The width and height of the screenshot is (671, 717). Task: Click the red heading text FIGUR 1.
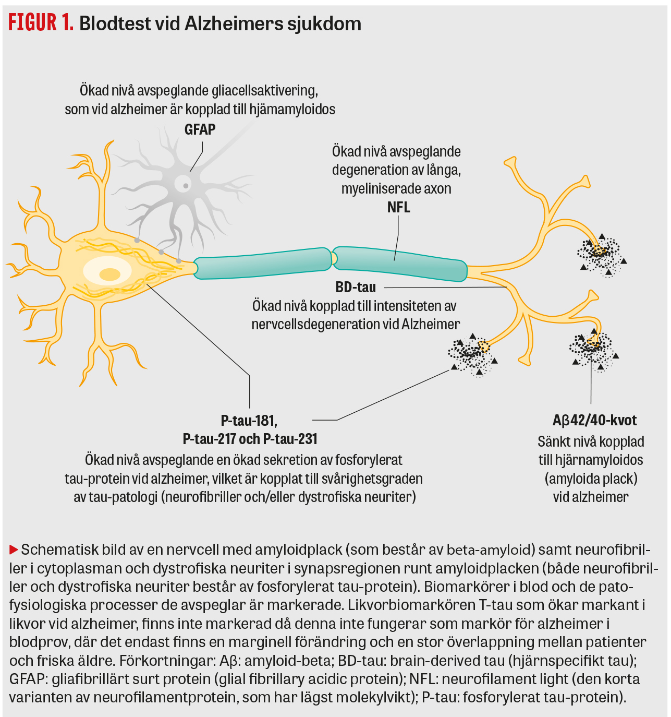41,23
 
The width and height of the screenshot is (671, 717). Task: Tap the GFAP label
200,129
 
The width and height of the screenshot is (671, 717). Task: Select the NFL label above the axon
398,207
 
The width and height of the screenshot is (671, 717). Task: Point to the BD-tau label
356,287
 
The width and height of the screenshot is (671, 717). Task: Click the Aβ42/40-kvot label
594,421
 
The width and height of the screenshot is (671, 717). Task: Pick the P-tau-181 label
249,421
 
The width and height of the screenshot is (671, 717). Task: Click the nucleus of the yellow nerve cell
109,273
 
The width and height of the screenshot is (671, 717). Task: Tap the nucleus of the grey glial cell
184,184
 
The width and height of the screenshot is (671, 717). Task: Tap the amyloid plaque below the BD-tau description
472,354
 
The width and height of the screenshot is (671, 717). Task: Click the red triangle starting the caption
14,549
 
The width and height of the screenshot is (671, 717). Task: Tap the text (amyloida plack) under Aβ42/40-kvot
591,479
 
